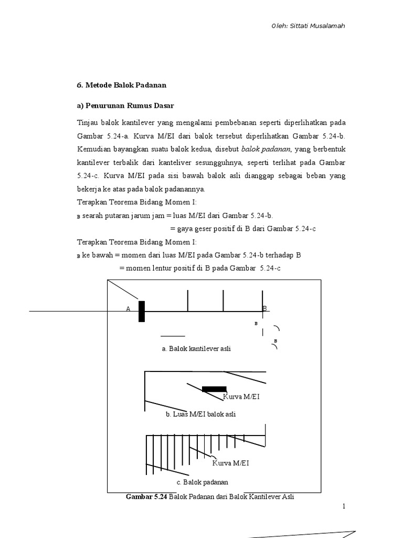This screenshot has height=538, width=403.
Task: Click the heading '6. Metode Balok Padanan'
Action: [121, 84]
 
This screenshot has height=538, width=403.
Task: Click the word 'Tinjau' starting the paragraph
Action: [87, 122]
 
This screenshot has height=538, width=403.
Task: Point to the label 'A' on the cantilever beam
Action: [128, 309]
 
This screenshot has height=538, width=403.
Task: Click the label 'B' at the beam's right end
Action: [265, 308]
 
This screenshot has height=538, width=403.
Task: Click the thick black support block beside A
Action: [142, 311]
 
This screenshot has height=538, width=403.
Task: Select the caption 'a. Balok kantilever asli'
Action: [197, 348]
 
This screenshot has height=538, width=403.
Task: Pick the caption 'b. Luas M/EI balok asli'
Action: [200, 414]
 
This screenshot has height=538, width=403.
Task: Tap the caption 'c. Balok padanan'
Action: [202, 482]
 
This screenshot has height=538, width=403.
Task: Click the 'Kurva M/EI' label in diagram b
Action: [241, 397]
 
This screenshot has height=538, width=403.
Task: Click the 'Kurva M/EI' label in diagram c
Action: [231, 463]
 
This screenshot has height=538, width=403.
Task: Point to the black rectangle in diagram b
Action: [214, 389]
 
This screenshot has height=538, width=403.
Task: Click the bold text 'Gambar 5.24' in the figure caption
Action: [146, 496]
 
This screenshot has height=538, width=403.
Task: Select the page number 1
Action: [344, 506]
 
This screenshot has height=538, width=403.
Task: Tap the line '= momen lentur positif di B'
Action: [200, 268]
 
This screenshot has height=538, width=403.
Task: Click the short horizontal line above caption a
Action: [173, 335]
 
